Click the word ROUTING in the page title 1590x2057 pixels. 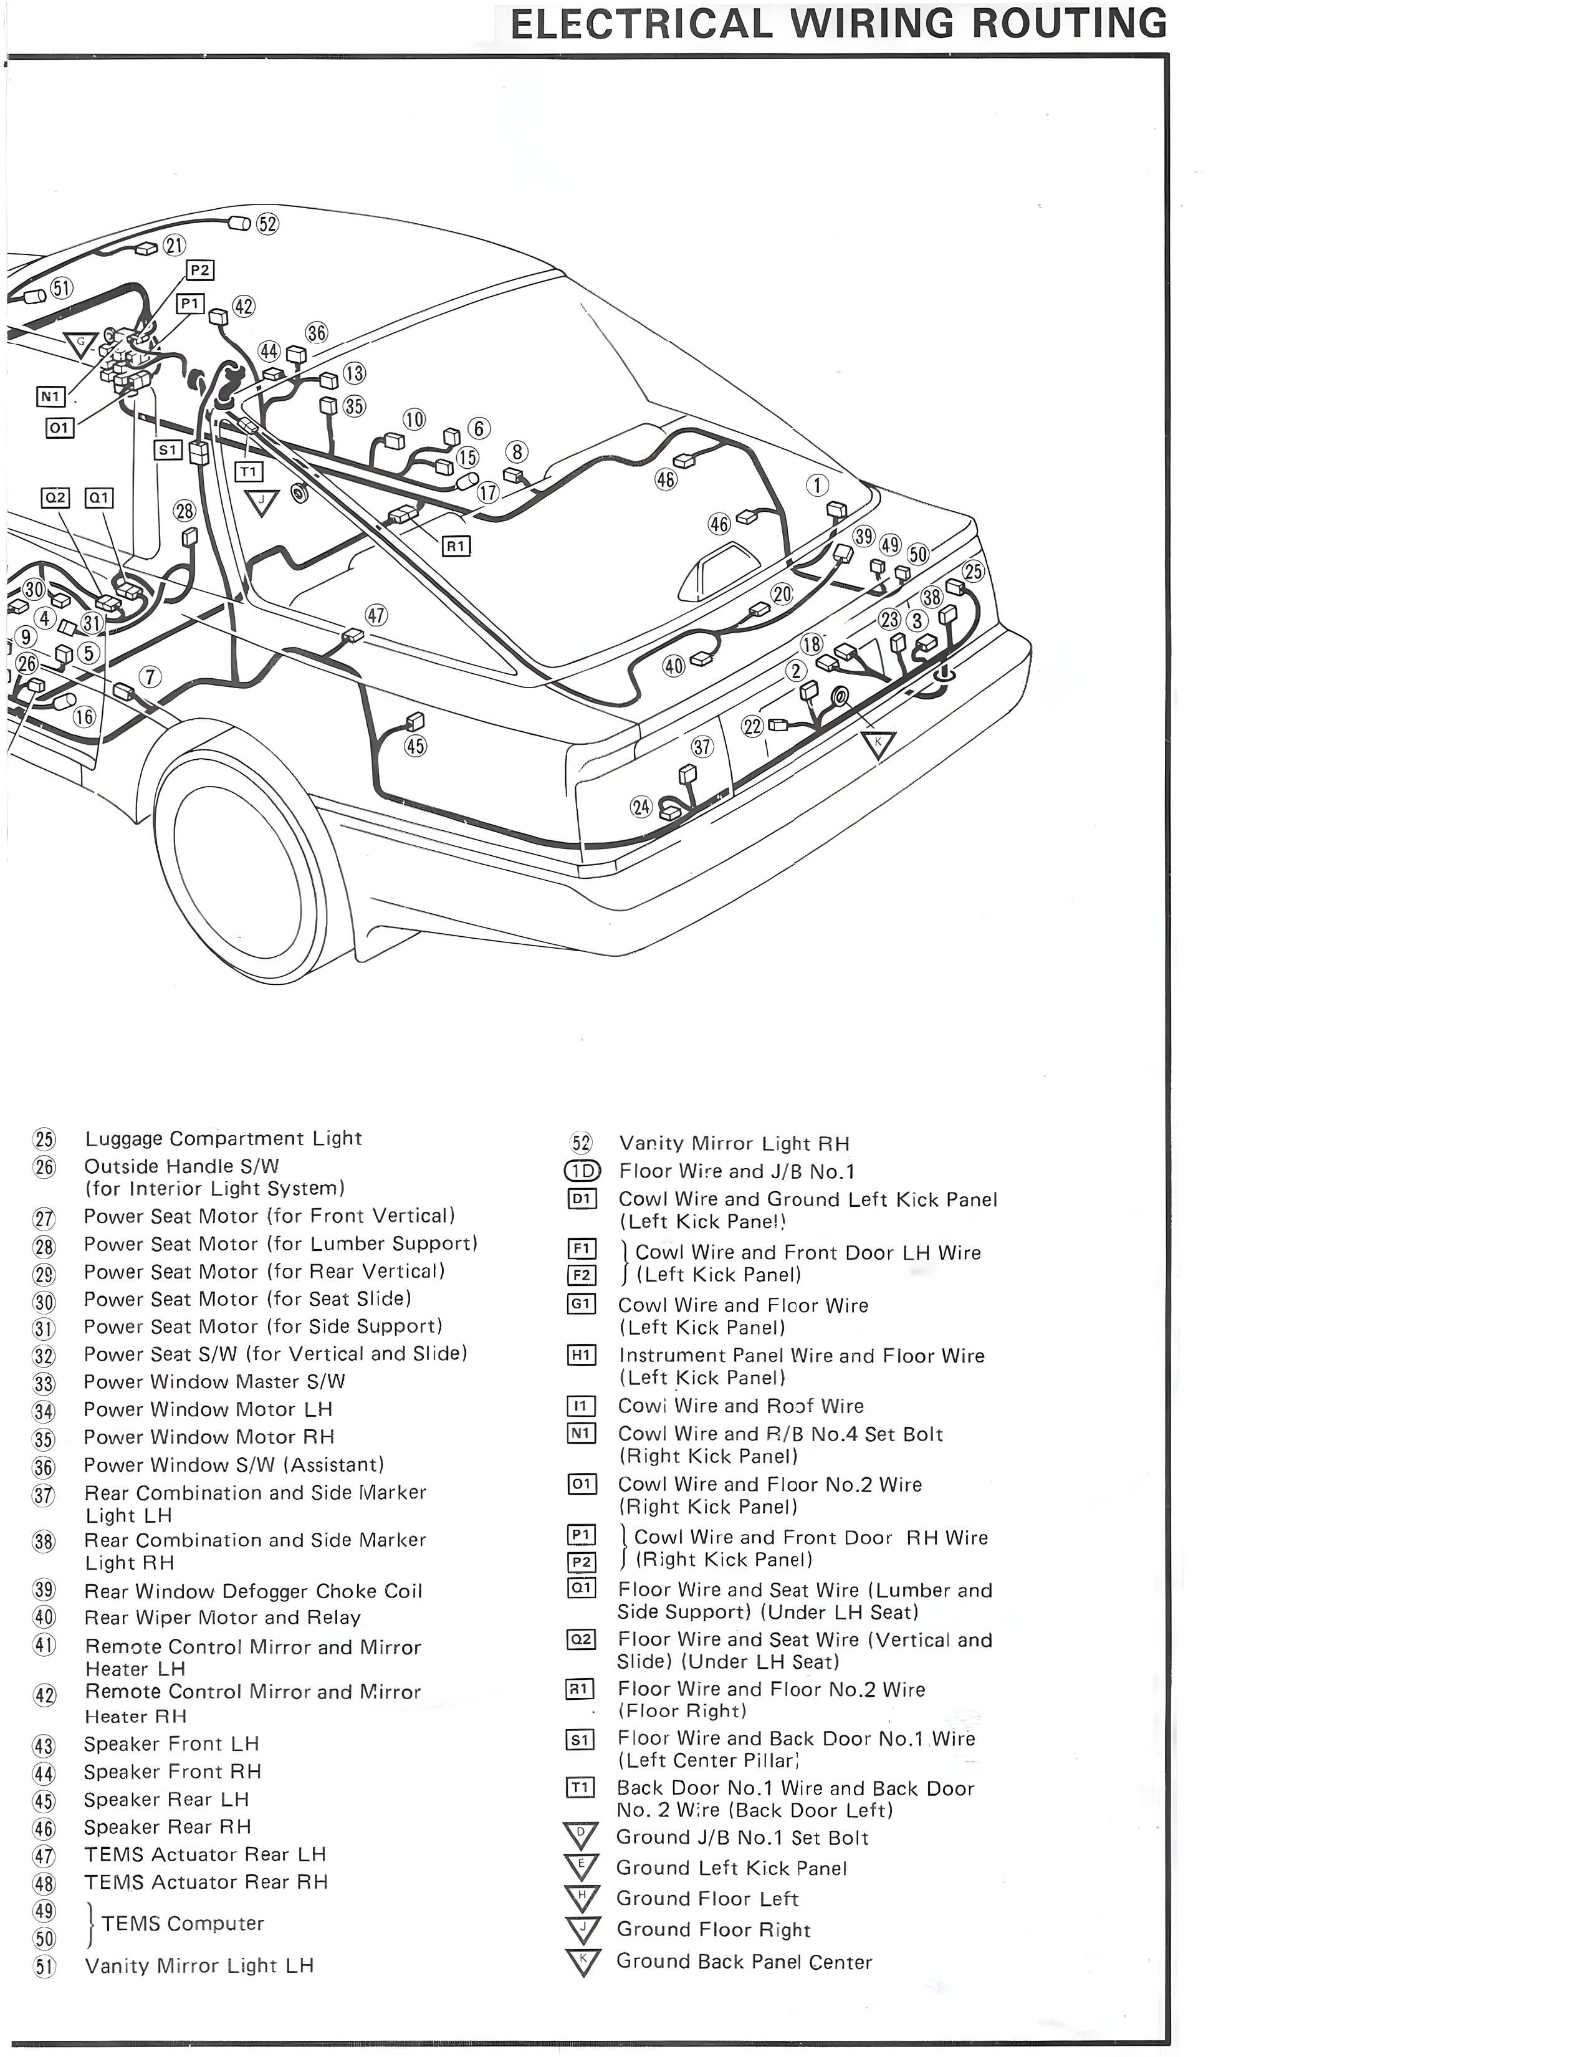click(x=1069, y=24)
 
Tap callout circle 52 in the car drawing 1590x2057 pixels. click(x=267, y=224)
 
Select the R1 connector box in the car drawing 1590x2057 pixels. click(x=456, y=545)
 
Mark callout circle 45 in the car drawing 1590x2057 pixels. click(x=415, y=746)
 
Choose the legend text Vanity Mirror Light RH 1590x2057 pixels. click(x=734, y=1143)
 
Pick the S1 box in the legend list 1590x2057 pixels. click(x=581, y=1740)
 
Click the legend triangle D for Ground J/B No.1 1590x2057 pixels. click(x=581, y=1836)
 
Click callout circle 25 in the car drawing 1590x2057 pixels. click(x=973, y=572)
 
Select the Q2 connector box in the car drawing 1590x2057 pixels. click(x=55, y=497)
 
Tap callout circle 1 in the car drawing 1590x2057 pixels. click(x=817, y=485)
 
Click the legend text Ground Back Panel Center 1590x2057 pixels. click(x=744, y=1961)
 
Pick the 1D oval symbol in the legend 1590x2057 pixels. click(x=582, y=1171)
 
